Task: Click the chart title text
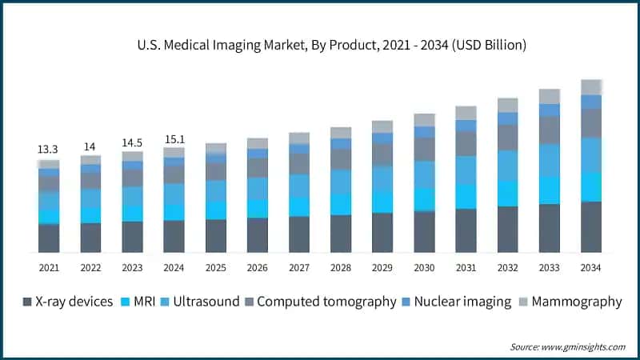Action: pos(320,46)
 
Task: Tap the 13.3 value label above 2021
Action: pos(49,150)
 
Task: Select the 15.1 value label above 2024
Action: pos(174,139)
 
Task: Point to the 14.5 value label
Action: pos(132,142)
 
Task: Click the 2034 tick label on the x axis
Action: pos(591,267)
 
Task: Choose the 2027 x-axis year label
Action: pos(299,267)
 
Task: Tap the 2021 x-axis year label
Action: pos(49,267)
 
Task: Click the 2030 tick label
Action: pos(424,267)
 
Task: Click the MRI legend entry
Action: pos(141,302)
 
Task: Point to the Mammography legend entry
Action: pos(570,302)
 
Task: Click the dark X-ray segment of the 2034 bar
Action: pos(591,227)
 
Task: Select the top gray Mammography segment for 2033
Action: pos(550,97)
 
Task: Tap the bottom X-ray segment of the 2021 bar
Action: pos(49,238)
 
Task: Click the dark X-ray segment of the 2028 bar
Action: pos(341,234)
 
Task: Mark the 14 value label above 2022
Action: pos(90,146)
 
